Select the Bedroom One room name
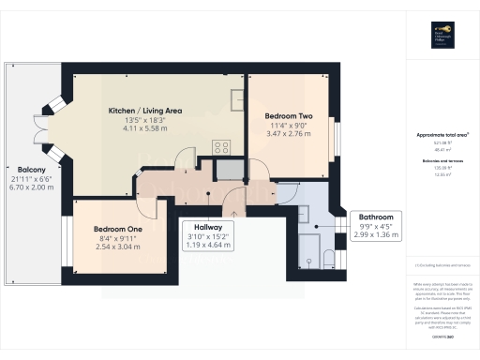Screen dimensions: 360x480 [x=117, y=229]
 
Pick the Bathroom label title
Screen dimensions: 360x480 [x=352, y=217]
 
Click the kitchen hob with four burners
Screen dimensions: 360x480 [x=223, y=146]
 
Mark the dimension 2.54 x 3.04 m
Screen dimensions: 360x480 [x=117, y=248]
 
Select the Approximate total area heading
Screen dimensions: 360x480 [x=442, y=136]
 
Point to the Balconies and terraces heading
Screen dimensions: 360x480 [x=442, y=161]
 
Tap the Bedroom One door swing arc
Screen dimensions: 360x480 [x=141, y=187]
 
